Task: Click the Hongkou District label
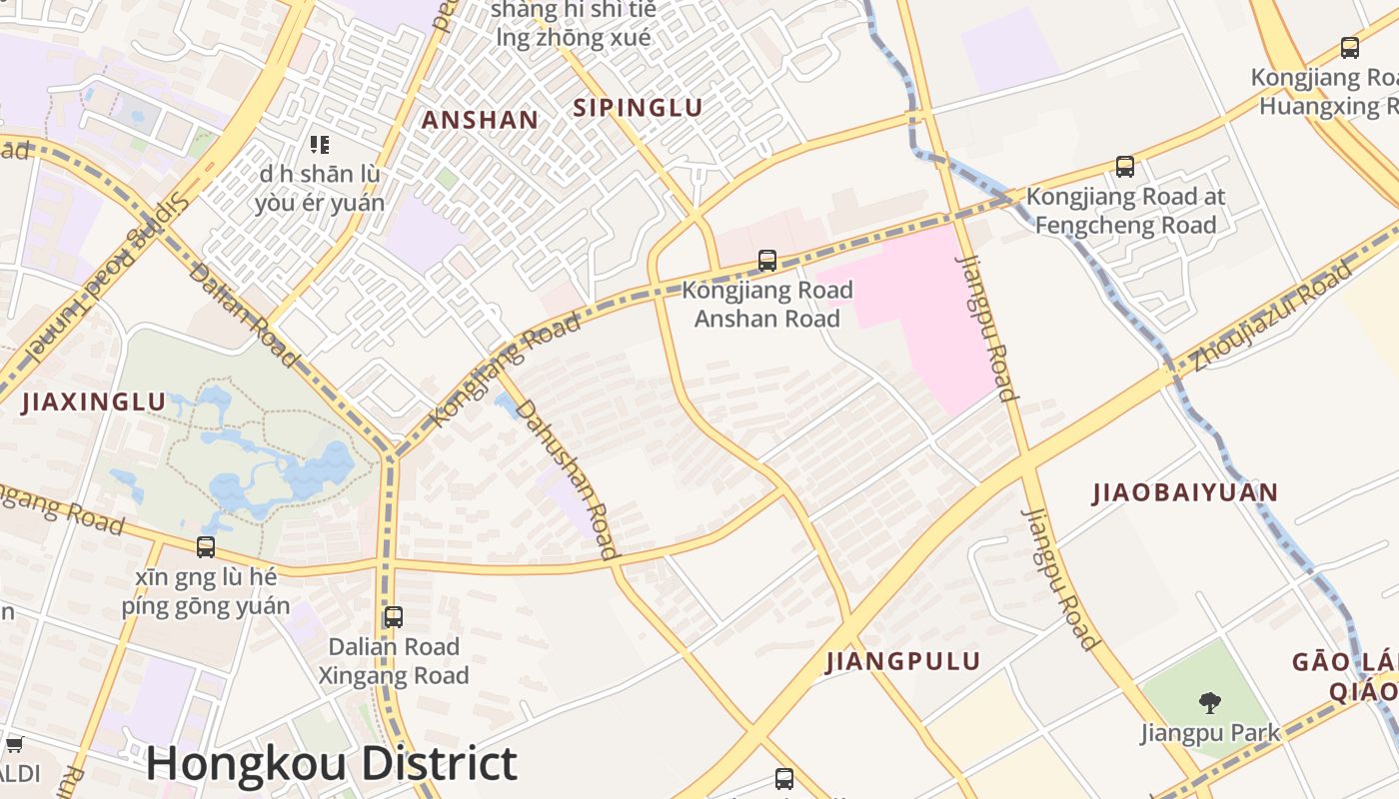331,763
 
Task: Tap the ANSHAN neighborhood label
480,120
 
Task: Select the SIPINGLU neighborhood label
638,108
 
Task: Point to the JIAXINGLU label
93,402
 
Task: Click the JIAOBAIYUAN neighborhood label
1185,492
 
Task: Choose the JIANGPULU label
903,661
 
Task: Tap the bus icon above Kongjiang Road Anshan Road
767,261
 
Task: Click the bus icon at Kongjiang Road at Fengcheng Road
1125,167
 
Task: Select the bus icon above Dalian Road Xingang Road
394,617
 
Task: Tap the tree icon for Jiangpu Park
1210,703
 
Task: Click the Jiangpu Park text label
1210,733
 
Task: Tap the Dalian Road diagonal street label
242,314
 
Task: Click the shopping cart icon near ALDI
15,744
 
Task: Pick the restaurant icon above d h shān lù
320,145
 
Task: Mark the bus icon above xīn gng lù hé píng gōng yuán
206,547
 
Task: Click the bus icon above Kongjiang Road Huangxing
1350,47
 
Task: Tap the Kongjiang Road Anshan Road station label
767,305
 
